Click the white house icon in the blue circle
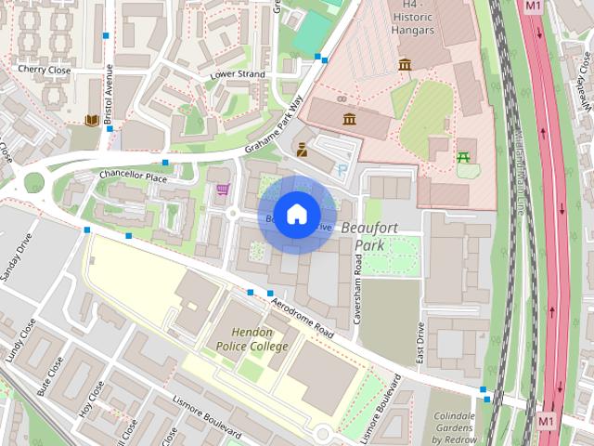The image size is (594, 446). point(295,215)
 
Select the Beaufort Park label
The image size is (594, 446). point(368,236)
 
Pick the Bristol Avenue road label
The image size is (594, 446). point(108,94)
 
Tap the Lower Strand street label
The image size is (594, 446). point(238,74)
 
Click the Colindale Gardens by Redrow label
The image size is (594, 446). point(454,425)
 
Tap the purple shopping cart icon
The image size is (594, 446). point(222,190)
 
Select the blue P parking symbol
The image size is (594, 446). point(342,170)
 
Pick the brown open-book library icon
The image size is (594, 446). point(91,120)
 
